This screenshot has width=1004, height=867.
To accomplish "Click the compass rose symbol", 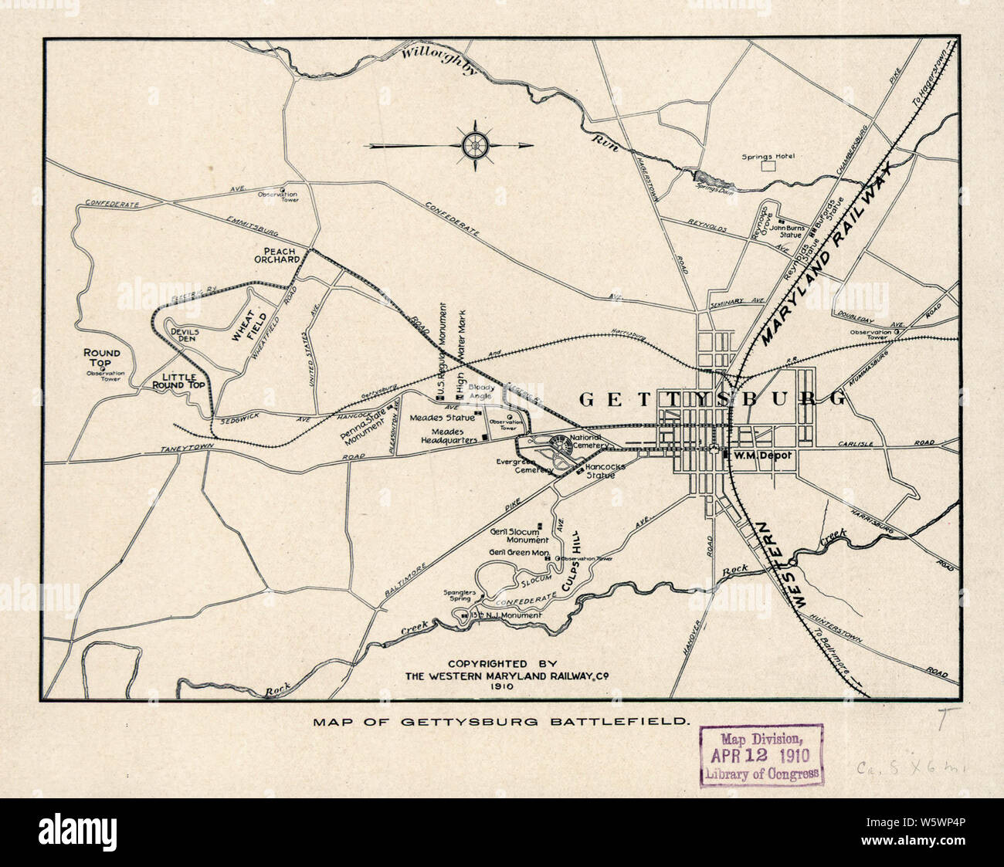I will pos(475,144).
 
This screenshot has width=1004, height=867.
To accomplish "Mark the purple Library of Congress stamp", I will pos(761,755).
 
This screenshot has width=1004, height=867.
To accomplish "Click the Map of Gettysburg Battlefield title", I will pos(501,723).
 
